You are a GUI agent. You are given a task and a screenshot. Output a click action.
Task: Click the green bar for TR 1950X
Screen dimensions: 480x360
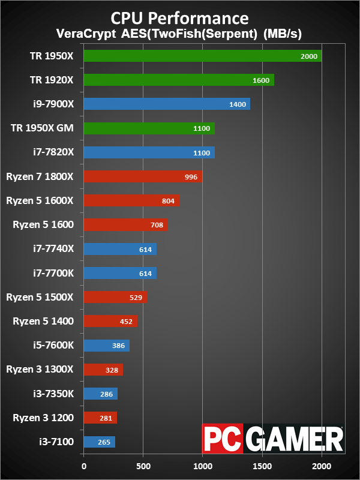click(x=202, y=56)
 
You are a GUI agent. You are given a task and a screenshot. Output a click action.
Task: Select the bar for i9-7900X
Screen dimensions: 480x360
click(x=167, y=104)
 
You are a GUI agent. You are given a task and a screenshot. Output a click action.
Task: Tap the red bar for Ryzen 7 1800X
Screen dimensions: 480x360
click(x=143, y=176)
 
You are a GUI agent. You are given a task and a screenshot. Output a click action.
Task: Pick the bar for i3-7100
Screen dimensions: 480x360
click(x=99, y=442)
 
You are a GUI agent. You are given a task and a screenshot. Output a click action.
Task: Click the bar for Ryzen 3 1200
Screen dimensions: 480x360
click(x=100, y=418)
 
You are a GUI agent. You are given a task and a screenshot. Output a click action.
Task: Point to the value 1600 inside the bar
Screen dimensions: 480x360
click(x=261, y=80)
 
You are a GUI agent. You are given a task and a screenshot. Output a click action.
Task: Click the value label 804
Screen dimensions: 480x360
click(x=168, y=201)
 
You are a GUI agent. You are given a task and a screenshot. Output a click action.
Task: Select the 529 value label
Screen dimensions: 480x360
click(x=136, y=298)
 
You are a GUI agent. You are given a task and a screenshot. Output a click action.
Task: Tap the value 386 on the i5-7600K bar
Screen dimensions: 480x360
click(x=118, y=346)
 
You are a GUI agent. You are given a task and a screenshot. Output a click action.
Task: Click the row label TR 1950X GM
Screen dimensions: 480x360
click(x=42, y=128)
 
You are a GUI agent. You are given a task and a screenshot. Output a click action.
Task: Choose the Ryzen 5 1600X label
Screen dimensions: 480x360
click(x=40, y=200)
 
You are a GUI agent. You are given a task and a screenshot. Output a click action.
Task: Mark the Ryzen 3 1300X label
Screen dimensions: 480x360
click(x=40, y=369)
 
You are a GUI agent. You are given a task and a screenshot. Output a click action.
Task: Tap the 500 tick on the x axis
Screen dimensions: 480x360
click(x=143, y=465)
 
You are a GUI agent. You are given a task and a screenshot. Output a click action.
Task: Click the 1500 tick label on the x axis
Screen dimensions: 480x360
click(x=262, y=465)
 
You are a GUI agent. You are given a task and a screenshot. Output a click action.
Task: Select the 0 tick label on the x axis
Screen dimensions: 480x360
click(x=84, y=465)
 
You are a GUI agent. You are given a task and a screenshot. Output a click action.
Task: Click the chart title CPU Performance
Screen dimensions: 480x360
click(x=180, y=16)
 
